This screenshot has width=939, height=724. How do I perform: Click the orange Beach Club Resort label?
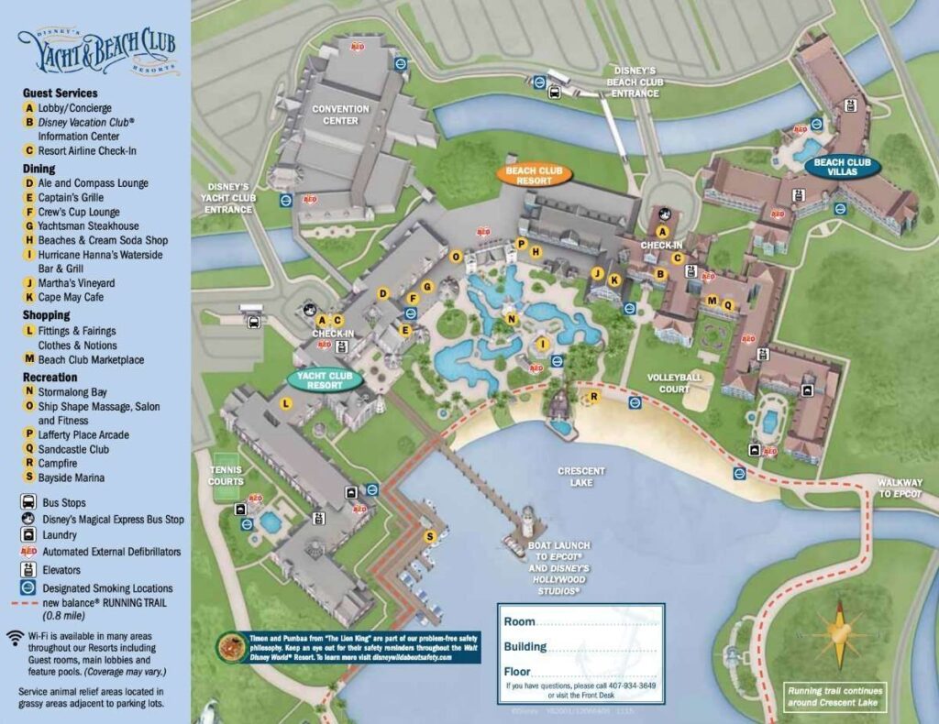pos(534,175)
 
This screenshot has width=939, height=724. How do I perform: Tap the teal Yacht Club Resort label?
pos(325,379)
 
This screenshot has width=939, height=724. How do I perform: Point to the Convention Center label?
pos(340,115)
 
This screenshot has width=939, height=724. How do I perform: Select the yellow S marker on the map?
pos(428,536)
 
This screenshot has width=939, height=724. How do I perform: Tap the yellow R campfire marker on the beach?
pos(594,397)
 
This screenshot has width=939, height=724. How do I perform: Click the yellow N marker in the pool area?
pos(512,319)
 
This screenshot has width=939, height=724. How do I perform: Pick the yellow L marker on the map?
pos(286,403)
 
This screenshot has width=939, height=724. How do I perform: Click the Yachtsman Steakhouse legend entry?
pos(88,225)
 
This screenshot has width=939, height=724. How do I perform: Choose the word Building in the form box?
pos(525,646)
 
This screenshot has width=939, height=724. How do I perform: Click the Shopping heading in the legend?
pos(47,315)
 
